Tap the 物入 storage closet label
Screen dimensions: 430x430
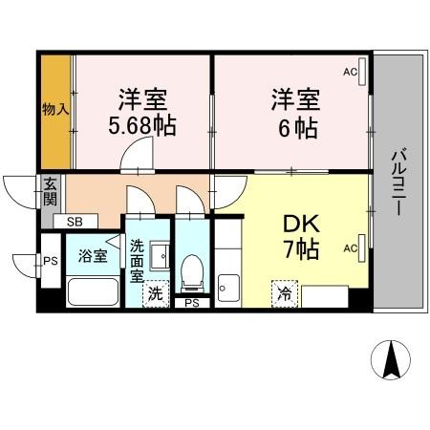pos(55,109)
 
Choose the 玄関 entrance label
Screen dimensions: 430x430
pos(50,192)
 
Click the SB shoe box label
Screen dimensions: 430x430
pos(75,222)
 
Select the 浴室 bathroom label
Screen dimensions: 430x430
pos(93,256)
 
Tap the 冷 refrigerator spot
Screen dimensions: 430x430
pos(284,294)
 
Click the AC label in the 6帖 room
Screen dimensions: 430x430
pos(350,72)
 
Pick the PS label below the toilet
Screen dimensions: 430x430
pos(192,304)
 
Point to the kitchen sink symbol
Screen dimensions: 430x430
pos(227,286)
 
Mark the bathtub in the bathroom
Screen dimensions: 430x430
pos(93,291)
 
